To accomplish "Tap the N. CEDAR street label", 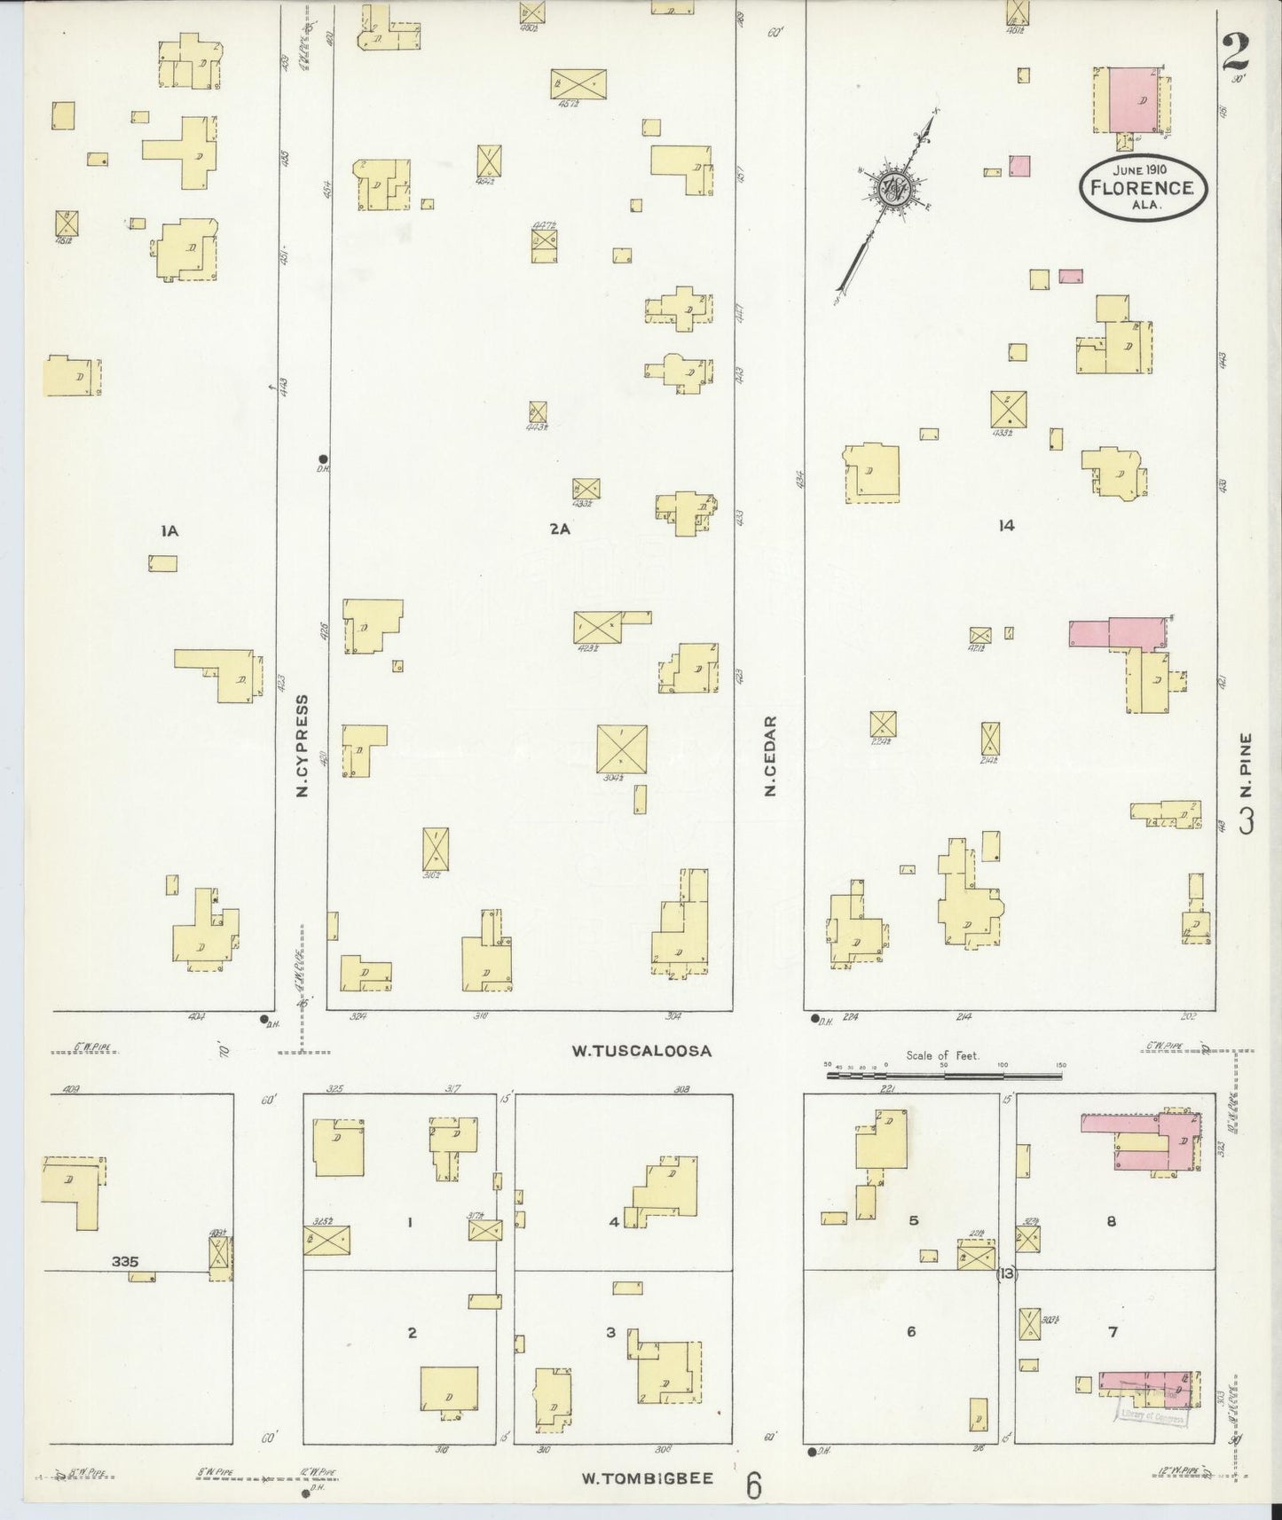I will (771, 756).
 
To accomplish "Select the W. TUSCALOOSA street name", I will (641, 1051).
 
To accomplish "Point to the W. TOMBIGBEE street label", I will (648, 1478).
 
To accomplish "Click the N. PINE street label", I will (1246, 765).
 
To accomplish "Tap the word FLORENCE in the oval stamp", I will (1140, 187).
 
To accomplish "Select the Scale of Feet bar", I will (944, 1076).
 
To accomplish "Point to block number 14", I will (1005, 525).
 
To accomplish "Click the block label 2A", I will (559, 529).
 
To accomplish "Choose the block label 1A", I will (169, 531).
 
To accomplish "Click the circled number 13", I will (1005, 1274).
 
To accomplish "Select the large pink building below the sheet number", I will (1137, 100).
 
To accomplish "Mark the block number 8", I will (1111, 1221).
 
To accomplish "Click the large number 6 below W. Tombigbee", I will (753, 1485).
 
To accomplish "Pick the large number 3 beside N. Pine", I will (1247, 820).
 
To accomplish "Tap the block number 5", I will (913, 1220).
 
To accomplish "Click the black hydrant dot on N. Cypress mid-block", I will (322, 458).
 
